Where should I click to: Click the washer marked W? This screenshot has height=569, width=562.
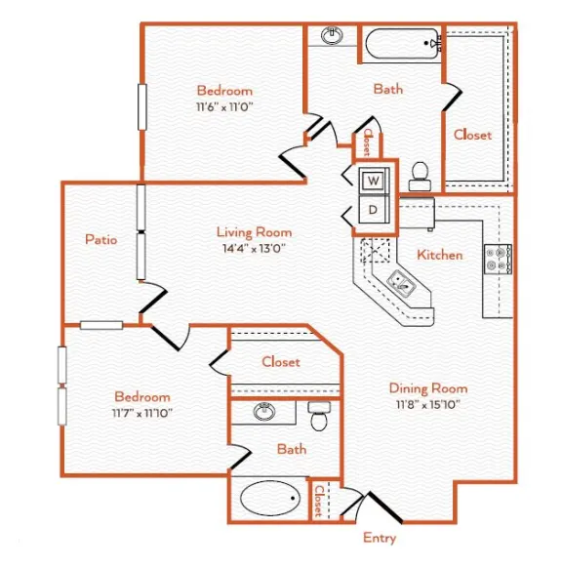pyautogui.click(x=374, y=181)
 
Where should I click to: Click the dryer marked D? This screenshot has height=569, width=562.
pyautogui.click(x=374, y=210)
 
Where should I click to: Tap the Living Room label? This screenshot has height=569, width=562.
pyautogui.click(x=254, y=232)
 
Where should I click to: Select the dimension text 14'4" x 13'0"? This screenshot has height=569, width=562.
pyautogui.click(x=254, y=249)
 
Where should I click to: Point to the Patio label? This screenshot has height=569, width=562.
pyautogui.click(x=100, y=239)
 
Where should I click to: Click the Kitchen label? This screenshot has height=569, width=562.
pyautogui.click(x=440, y=255)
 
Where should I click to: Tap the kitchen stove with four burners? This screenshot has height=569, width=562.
pyautogui.click(x=498, y=259)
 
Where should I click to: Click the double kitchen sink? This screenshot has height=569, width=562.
pyautogui.click(x=401, y=283)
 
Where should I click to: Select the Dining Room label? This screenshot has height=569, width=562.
pyautogui.click(x=428, y=388)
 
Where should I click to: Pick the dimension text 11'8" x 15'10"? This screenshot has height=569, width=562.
pyautogui.click(x=428, y=404)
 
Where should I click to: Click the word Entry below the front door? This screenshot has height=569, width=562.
pyautogui.click(x=380, y=538)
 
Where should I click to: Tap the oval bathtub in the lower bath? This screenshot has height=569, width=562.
pyautogui.click(x=270, y=498)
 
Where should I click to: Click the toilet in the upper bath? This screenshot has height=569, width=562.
pyautogui.click(x=420, y=177)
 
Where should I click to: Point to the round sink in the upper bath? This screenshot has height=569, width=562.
pyautogui.click(x=332, y=35)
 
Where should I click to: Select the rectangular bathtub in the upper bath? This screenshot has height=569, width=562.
pyautogui.click(x=403, y=44)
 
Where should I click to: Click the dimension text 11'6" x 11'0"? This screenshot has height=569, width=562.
pyautogui.click(x=224, y=107)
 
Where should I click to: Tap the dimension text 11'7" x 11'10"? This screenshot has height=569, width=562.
pyautogui.click(x=142, y=413)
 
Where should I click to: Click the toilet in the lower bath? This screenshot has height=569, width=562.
pyautogui.click(x=319, y=416)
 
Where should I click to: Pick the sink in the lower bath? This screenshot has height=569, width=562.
pyautogui.click(x=264, y=412)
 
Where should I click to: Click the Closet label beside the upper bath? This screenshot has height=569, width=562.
pyautogui.click(x=472, y=135)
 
